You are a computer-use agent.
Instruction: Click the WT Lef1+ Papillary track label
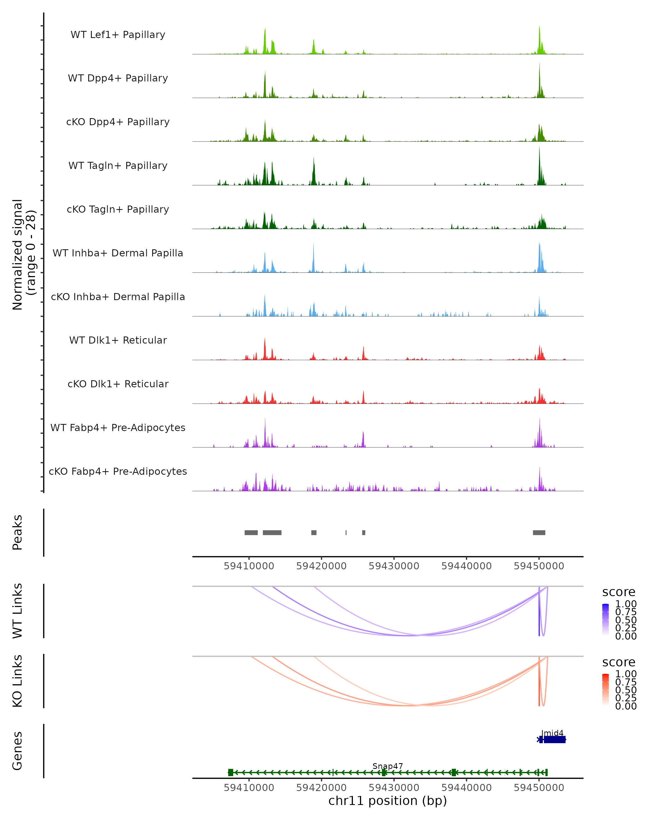118,35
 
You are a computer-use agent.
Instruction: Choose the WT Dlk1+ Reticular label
118,340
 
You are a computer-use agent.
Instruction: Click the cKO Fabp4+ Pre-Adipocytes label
118,471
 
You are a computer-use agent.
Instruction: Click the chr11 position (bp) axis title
388,801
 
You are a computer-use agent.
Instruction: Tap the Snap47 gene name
388,766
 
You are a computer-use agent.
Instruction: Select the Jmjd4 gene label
552,733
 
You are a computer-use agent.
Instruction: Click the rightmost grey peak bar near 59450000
539,532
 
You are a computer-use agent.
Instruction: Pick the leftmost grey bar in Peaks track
251,532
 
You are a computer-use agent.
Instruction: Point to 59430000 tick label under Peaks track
394,566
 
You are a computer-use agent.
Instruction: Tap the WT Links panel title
17,611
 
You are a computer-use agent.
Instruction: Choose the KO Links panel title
17,681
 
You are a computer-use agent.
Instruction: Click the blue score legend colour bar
605,620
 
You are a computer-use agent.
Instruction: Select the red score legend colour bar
605,690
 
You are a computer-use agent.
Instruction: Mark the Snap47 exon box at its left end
230,772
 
